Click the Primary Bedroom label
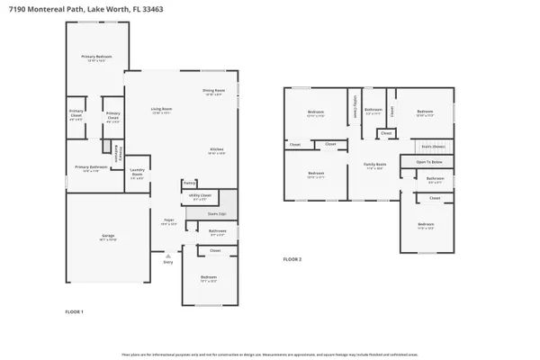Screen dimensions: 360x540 [x=97, y=58]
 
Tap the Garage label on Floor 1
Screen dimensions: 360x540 [x=107, y=238]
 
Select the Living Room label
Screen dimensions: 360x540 [x=161, y=110]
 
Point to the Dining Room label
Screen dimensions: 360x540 [x=213, y=93]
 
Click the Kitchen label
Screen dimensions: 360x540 [x=216, y=150]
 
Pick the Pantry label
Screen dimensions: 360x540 [x=189, y=183]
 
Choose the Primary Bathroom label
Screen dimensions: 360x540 [x=91, y=167]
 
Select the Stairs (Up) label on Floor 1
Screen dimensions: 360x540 [x=217, y=213]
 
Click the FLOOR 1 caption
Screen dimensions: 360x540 [x=74, y=310]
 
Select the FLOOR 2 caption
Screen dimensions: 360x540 [x=292, y=259]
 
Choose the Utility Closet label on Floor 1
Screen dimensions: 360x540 [x=201, y=198]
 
